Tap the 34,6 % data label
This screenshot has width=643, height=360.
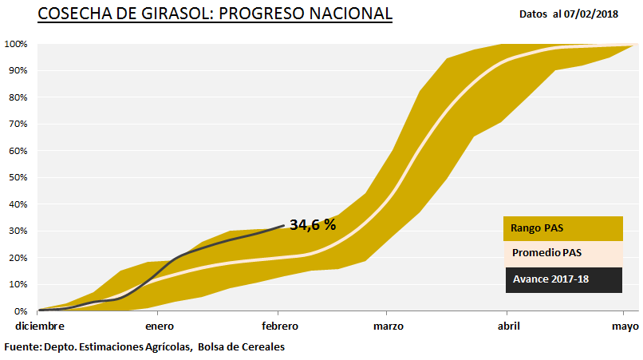pyautogui.click(x=313, y=225)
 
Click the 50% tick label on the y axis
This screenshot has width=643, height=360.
pyautogui.click(x=18, y=177)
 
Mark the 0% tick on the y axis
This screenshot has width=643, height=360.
pyautogui.click(x=21, y=311)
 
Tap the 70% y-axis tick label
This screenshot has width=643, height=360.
pyautogui.click(x=18, y=124)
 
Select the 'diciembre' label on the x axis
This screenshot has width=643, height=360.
pyautogui.click(x=37, y=326)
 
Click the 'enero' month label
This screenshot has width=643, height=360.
pyautogui.click(x=160, y=326)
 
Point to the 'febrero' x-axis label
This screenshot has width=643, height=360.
pyautogui.click(x=279, y=326)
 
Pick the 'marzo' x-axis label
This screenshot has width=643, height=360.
pyautogui.click(x=387, y=326)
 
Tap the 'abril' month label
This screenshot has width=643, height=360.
pyautogui.click(x=509, y=326)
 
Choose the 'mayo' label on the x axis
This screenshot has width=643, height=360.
pyautogui.click(x=625, y=326)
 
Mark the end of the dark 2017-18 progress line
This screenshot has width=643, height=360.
pyautogui.click(x=284, y=225)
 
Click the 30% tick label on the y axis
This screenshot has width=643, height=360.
pyautogui.click(x=18, y=231)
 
